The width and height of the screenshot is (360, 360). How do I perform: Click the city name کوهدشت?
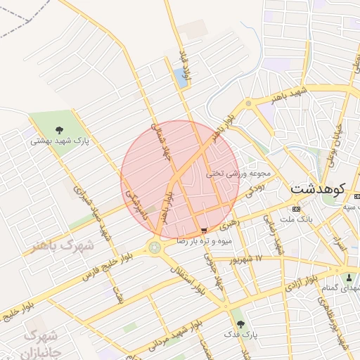coord(316,189)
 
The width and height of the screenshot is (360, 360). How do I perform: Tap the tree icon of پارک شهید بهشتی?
coord(58,129)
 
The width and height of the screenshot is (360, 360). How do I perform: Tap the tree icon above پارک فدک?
coord(241,324)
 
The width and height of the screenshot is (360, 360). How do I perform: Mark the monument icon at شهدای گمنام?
coord(349,276)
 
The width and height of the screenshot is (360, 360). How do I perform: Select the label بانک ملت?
coord(295,219)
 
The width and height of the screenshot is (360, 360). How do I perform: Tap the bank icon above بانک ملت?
coord(295,209)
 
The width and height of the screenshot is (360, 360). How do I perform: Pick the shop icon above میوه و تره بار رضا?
coord(204,230)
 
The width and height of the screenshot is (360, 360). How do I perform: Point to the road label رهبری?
coord(229,224)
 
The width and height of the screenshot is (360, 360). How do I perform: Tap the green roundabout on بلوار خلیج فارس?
coord(154,247)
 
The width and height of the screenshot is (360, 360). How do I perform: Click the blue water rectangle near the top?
coord(181,78)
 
